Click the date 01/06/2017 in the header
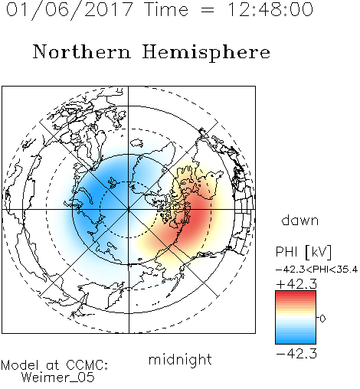[x=70, y=10]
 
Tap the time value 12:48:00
[x=270, y=9]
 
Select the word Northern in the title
[x=82, y=52]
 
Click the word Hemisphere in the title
[x=206, y=53]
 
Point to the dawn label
[x=300, y=220]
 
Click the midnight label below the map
[x=180, y=359]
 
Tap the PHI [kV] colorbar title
[x=303, y=252]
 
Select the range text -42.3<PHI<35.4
[x=317, y=270]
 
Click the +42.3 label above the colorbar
[x=296, y=284]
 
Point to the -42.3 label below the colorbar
[x=296, y=354]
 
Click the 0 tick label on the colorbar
[x=322, y=319]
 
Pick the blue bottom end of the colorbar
[x=296, y=342]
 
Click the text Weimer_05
[x=58, y=378]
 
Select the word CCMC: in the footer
[x=87, y=365]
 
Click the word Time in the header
[x=166, y=9]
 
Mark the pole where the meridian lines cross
[x=129, y=210]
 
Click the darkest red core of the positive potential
[x=195, y=218]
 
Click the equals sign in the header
[x=208, y=11]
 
